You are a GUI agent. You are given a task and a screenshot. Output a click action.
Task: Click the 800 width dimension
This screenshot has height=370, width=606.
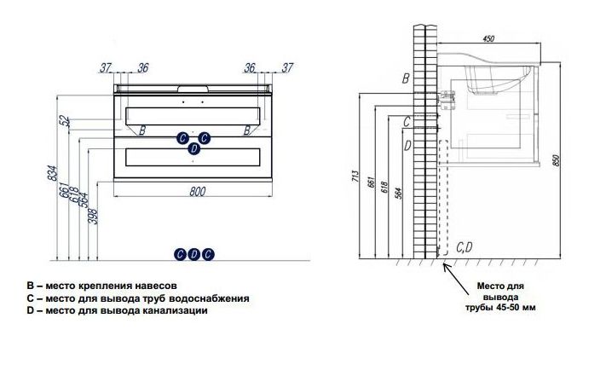point(197,192)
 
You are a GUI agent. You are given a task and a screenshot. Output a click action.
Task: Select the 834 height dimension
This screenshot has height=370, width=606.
point(53,176)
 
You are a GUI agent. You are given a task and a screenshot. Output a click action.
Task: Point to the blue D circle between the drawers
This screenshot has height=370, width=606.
point(193,149)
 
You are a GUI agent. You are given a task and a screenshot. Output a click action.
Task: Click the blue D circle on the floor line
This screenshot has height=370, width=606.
point(193,253)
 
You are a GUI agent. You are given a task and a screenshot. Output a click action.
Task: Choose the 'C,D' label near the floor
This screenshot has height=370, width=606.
point(465,247)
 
